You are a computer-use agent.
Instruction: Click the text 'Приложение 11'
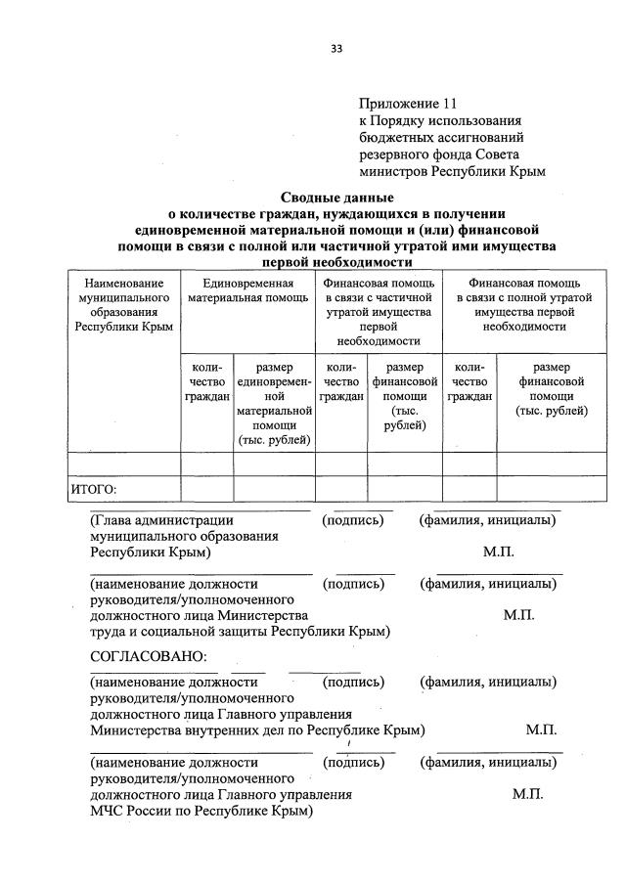point(407,102)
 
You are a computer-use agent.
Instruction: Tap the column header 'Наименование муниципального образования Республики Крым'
point(123,304)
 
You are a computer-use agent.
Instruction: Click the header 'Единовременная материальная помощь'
point(248,289)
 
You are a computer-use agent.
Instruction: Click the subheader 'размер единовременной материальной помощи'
point(274,403)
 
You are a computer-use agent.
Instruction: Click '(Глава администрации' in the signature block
point(161,520)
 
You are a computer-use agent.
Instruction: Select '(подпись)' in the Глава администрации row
point(352,520)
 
